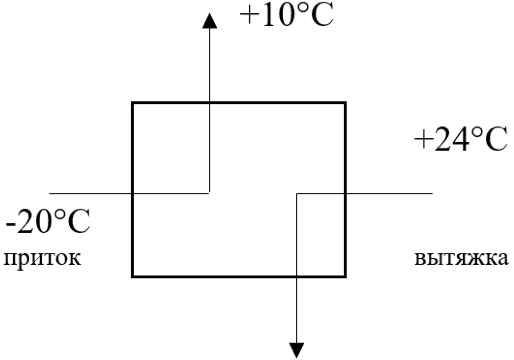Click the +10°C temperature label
(x=287, y=15)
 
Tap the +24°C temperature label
(x=461, y=139)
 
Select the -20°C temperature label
(x=48, y=222)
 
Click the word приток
(x=42, y=259)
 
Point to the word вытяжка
(x=461, y=259)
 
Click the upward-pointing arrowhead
(x=210, y=21)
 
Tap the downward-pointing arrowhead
(x=297, y=350)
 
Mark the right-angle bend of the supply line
(x=209, y=193)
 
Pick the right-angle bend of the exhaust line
(x=297, y=193)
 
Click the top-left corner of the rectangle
(x=133, y=103)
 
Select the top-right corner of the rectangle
(x=345, y=103)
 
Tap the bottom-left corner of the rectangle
(x=133, y=276)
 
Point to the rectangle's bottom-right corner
(x=345, y=276)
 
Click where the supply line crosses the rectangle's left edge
(x=133, y=193)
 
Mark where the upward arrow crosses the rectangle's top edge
(x=209, y=103)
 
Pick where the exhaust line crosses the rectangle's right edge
(x=345, y=193)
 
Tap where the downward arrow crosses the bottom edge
(x=297, y=276)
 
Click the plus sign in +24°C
(x=423, y=140)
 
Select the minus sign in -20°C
(x=10, y=224)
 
